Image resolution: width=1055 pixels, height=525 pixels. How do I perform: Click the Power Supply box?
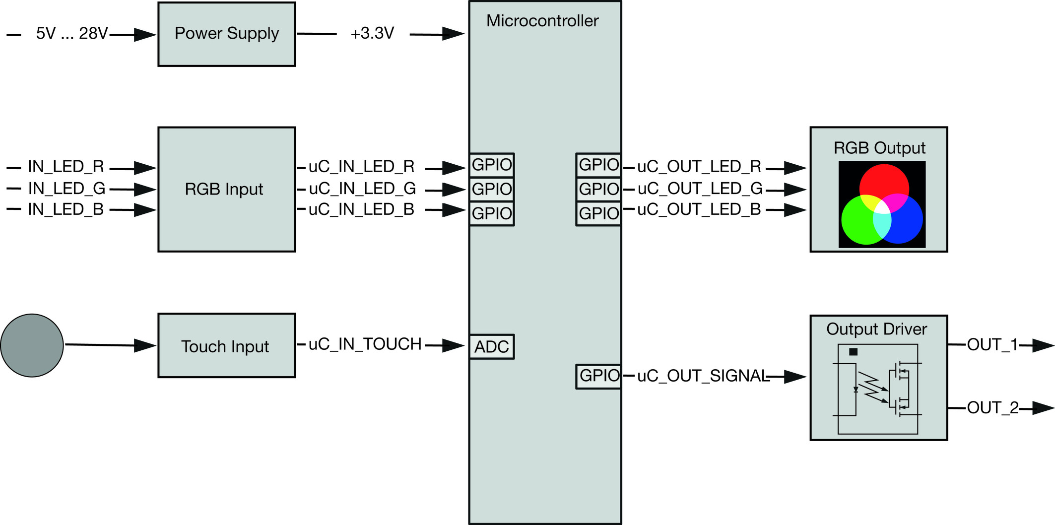227,34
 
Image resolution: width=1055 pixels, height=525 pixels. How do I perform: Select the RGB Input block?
227,189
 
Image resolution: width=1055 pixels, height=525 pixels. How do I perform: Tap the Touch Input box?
227,345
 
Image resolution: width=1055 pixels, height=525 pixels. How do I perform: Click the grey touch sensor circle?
32,345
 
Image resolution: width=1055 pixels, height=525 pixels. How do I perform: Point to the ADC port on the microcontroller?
492,346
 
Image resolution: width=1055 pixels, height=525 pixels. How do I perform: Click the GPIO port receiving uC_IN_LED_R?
492,165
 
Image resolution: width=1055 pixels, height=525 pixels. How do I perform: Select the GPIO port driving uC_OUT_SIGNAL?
598,376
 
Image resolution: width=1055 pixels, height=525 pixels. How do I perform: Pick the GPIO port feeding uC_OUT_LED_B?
598,213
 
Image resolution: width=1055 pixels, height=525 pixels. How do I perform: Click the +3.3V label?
372,33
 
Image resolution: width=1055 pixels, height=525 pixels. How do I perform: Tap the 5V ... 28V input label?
72,33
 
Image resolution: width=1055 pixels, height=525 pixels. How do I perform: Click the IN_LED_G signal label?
66,189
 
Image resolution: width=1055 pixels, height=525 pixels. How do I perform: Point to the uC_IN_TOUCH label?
365,344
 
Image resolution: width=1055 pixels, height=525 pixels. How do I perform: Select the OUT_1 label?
992,344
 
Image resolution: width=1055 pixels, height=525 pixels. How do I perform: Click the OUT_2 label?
992,407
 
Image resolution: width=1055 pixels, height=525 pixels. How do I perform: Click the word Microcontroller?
542,21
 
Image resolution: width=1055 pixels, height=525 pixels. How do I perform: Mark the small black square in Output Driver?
853,352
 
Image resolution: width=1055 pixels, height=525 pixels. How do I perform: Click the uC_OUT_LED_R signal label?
699,167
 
